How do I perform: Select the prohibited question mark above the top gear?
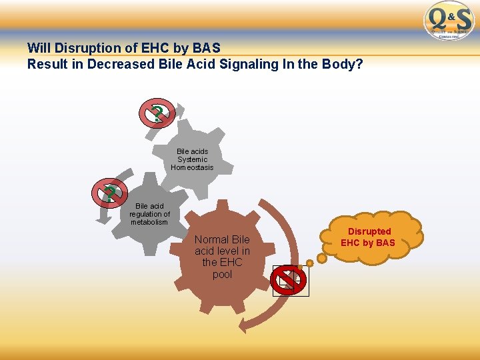pos(157,113)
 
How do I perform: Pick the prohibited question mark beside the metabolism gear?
pos(109,193)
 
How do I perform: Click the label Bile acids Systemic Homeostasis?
pos(192,159)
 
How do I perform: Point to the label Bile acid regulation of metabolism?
pos(149,214)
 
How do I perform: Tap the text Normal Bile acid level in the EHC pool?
pos(222,257)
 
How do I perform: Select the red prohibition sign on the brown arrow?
pos(289,281)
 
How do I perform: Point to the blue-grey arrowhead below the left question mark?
pos(104,216)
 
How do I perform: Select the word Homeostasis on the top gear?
pos(192,167)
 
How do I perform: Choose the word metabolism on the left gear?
pos(149,222)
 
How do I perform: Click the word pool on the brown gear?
pos(222,274)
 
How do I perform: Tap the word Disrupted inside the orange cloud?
pos(369,231)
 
